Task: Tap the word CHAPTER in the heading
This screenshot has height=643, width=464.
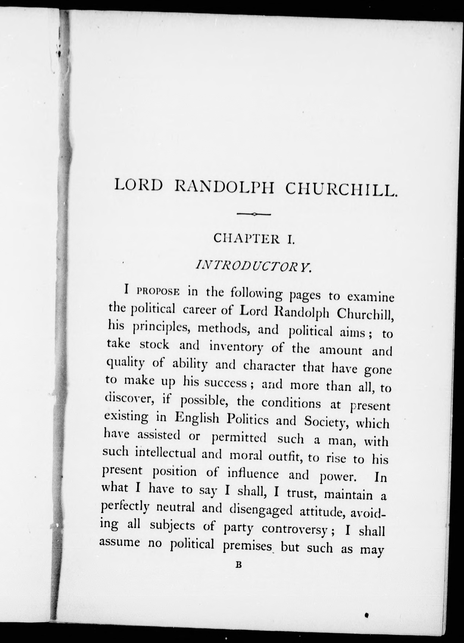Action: click(x=246, y=239)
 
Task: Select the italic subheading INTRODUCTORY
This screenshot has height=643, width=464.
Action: click(x=254, y=267)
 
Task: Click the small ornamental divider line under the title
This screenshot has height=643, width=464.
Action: click(x=254, y=214)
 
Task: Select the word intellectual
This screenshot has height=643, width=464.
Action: click(x=165, y=453)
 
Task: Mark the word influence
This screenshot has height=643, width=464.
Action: click(x=253, y=474)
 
